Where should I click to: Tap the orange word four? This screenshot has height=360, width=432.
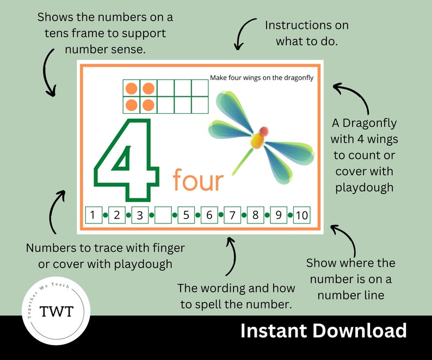tap(199, 181)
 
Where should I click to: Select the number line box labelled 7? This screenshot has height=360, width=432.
tap(232, 215)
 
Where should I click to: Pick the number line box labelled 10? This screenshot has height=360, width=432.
tap(301, 215)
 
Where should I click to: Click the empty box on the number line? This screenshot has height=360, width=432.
tap(163, 215)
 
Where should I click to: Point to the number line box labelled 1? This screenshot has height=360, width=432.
tap(94, 215)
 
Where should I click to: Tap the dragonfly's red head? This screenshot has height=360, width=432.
tap(264, 131)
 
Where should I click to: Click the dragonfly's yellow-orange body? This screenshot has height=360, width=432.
tap(257, 141)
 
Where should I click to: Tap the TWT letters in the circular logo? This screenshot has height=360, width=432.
tap(55, 311)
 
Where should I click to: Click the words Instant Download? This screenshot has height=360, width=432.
tap(323, 331)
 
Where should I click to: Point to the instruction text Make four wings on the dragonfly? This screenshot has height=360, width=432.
tap(262, 78)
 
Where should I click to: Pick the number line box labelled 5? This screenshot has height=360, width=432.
tap(186, 215)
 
